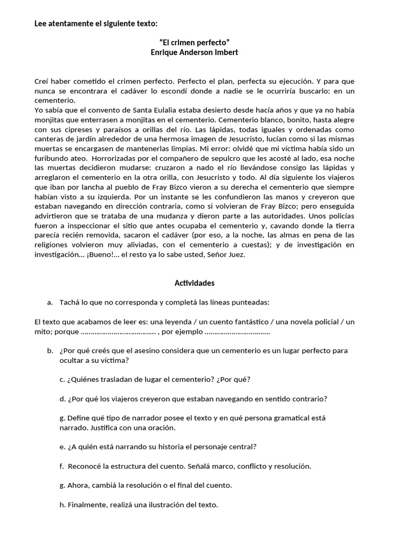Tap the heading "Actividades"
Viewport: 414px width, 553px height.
click(x=195, y=283)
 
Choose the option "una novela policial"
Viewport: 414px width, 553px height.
click(x=302, y=322)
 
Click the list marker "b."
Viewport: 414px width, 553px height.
click(x=50, y=350)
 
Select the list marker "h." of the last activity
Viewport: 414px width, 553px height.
click(x=63, y=505)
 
